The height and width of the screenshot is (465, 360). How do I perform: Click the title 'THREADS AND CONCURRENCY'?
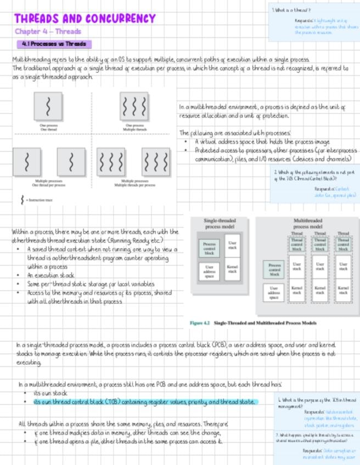click(85, 19)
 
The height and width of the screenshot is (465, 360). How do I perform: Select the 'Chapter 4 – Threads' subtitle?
click(48, 32)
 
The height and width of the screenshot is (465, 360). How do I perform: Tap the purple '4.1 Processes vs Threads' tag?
click(54, 44)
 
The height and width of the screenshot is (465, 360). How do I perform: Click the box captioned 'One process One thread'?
click(48, 106)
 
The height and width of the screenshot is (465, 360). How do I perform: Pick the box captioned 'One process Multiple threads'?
click(134, 106)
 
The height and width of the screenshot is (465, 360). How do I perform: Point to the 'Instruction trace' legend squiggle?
click(22, 200)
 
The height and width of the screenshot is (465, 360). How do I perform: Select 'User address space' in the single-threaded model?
click(209, 272)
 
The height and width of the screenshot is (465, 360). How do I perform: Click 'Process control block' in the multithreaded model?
click(275, 269)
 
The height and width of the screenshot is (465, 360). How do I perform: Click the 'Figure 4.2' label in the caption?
click(200, 323)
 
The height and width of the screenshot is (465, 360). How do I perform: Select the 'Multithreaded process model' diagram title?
click(307, 223)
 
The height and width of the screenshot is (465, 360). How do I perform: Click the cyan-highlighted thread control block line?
click(145, 402)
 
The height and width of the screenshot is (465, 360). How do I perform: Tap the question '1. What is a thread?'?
click(291, 10)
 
